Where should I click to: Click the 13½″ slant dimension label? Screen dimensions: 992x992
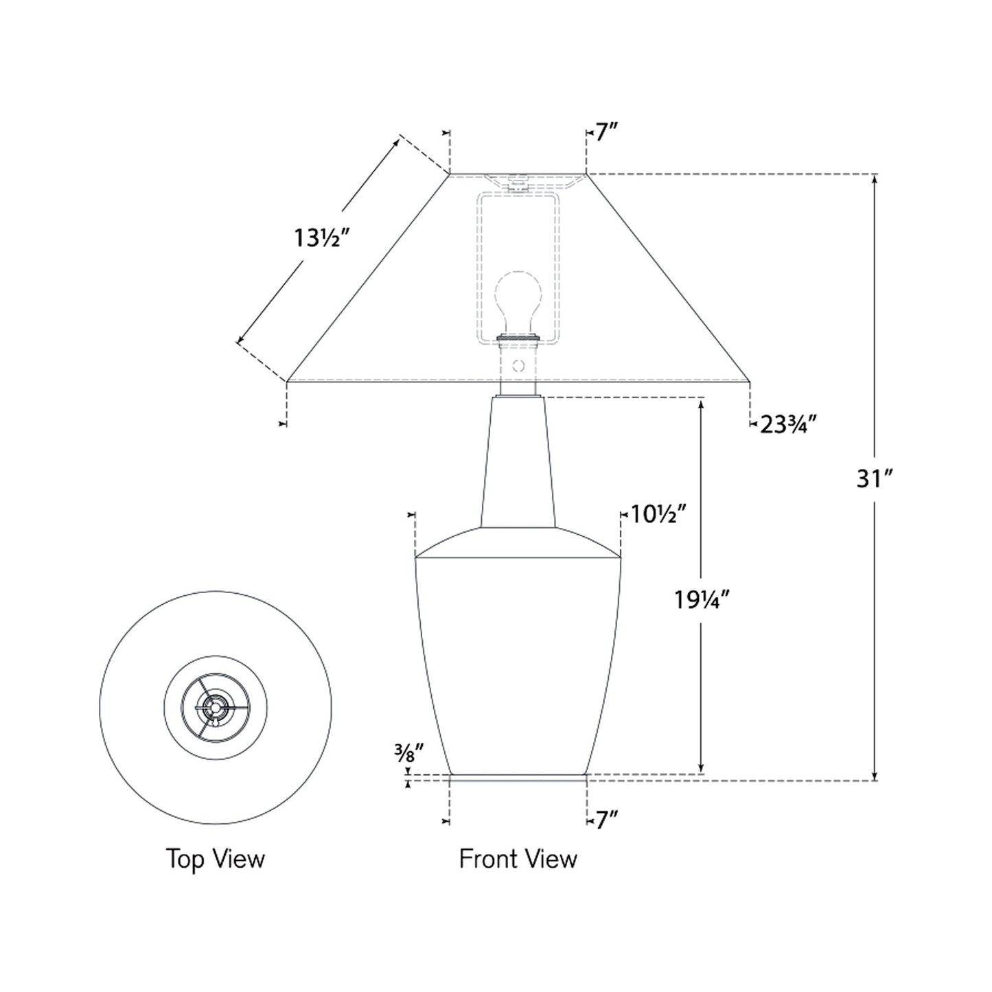323,238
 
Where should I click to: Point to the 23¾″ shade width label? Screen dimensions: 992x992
788,425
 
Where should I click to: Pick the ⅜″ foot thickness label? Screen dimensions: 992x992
408,755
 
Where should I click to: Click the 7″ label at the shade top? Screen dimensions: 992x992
606,133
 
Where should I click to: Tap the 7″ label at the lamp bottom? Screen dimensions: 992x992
606,821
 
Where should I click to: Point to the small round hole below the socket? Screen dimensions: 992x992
518,366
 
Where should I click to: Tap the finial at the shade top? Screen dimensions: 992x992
518,184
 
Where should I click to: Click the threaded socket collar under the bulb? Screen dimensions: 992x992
518,338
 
